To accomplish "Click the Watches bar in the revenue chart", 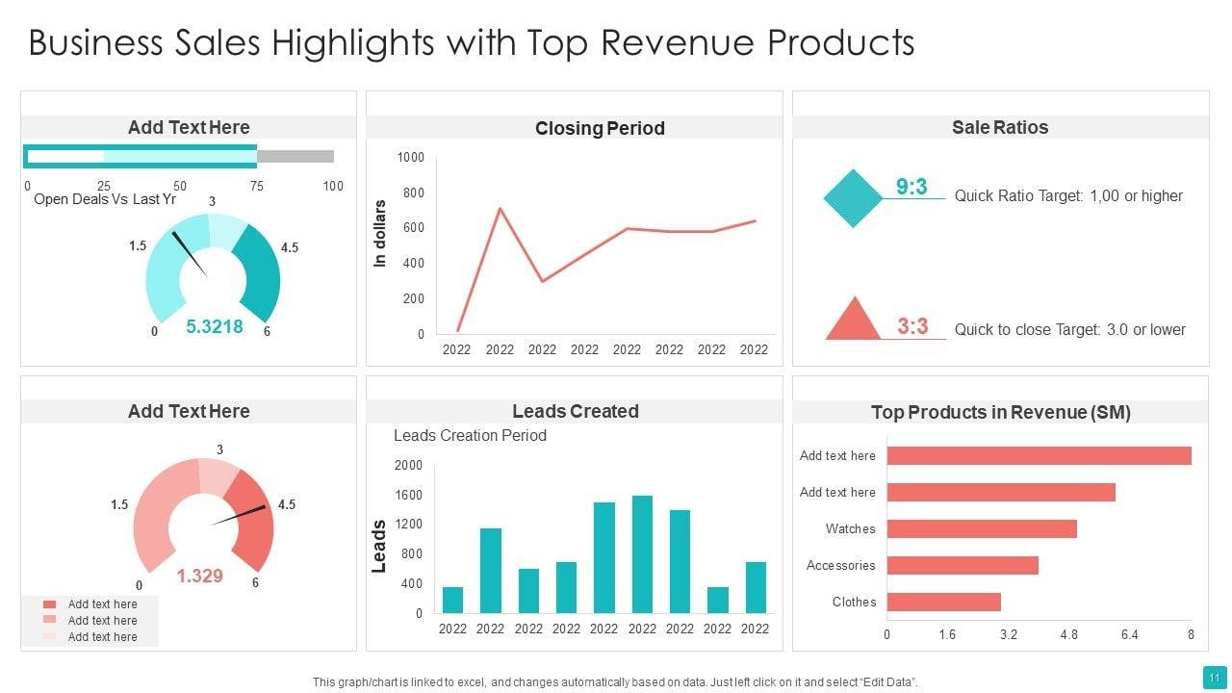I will (981, 528).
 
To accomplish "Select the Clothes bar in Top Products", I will (943, 602).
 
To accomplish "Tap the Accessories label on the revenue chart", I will (841, 565).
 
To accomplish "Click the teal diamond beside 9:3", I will (853, 198).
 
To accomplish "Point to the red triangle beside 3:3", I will (853, 321).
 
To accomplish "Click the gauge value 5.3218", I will (215, 327).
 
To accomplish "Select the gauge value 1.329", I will (199, 576).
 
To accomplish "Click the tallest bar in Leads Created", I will (642, 554).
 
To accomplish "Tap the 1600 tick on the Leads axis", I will (409, 495).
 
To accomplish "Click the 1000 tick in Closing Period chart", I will (411, 157).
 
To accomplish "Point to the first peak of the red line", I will (500, 208).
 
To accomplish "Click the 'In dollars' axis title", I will (380, 233).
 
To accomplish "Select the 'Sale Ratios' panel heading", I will (1000, 127).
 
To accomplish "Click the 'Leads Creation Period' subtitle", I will (470, 435).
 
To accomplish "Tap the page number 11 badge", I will (1211, 675).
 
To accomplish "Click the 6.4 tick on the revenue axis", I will (1130, 634).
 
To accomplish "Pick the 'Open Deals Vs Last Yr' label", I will (105, 199).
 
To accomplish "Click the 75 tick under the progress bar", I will (257, 186).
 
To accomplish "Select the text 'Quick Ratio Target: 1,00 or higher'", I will (1068, 196).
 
